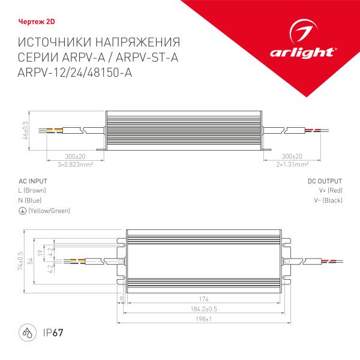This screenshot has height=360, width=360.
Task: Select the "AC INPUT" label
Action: point(33,181)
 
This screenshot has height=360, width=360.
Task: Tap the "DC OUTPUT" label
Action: point(325,181)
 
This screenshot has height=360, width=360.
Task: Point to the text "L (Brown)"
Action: point(32,190)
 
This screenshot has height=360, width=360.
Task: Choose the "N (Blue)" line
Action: point(30,200)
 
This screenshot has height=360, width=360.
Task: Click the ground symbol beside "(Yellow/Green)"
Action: point(22,211)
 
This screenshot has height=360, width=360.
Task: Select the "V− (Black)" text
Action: point(330,200)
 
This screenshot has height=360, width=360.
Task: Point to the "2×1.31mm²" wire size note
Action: point(292,163)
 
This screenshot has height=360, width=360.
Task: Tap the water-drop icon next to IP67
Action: point(28,332)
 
